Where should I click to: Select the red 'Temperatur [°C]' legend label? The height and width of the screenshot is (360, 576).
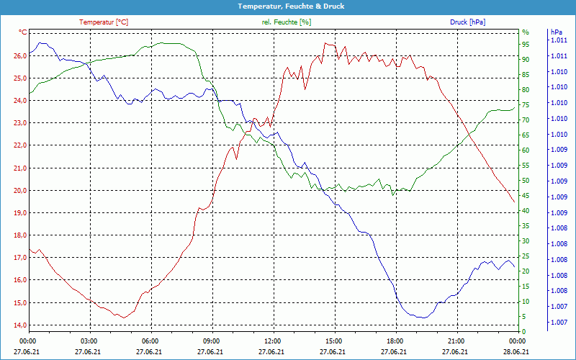(x=104, y=22)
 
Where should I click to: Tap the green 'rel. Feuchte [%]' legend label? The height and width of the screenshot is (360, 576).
(x=286, y=22)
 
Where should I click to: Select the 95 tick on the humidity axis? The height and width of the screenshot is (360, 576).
(x=526, y=44)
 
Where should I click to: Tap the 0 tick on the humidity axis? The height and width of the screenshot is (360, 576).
(x=523, y=332)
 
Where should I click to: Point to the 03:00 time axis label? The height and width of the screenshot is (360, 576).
(x=89, y=341)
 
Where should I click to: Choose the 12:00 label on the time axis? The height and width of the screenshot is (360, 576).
(x=273, y=341)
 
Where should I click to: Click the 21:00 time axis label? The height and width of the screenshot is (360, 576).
(x=456, y=341)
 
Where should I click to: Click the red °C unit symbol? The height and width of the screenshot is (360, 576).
(x=23, y=32)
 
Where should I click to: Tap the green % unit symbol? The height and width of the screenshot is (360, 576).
(x=526, y=32)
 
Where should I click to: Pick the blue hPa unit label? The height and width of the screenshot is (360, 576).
(x=556, y=32)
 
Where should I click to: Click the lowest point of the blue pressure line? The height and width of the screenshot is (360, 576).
(x=423, y=318)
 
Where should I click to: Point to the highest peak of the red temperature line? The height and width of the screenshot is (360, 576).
(x=325, y=43)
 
